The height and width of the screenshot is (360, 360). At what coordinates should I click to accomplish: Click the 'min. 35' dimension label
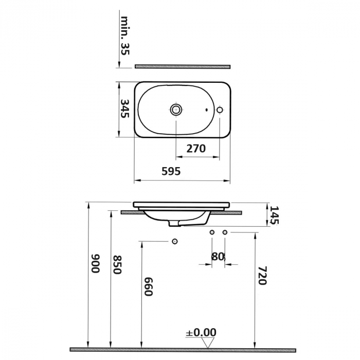(125, 35)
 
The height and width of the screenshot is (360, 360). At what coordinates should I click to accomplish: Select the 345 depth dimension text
(124, 109)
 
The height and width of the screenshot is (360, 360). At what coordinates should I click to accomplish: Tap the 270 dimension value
(196, 149)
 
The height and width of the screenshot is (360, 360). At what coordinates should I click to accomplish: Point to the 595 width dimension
(171, 171)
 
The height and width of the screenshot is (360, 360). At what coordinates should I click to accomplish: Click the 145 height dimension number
(274, 215)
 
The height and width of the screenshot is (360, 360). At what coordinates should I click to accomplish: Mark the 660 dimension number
(148, 286)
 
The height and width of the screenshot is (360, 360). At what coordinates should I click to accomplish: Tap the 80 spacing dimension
(218, 256)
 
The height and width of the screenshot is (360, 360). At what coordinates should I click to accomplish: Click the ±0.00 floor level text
(201, 332)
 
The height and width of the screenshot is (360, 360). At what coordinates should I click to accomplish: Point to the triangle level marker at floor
(208, 343)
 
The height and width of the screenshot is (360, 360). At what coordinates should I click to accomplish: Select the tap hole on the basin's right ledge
(220, 110)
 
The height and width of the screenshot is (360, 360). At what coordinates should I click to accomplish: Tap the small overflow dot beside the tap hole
(206, 110)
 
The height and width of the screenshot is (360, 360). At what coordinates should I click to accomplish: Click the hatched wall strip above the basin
(183, 66)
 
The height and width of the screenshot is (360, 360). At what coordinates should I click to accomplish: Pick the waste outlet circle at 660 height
(174, 242)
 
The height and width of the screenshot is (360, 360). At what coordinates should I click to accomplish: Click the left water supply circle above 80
(212, 233)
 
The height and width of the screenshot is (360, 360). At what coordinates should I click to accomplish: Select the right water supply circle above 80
(224, 233)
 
